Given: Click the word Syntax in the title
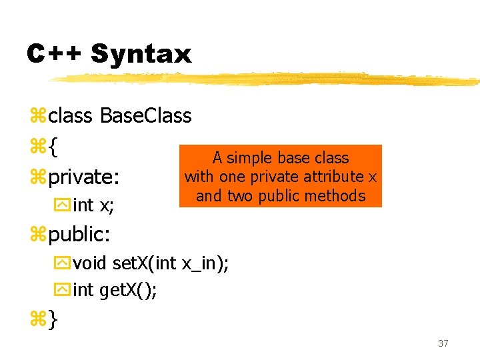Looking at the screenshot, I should pyautogui.click(x=141, y=53).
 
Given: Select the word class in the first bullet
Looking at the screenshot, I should pyautogui.click(x=71, y=116).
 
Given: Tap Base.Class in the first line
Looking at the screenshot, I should pyautogui.click(x=145, y=116).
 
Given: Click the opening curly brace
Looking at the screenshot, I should pyautogui.click(x=53, y=147).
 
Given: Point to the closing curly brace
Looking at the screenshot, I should pyautogui.click(x=53, y=320).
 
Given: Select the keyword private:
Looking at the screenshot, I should pyautogui.click(x=84, y=177).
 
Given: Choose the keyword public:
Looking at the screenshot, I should pyautogui.click(x=79, y=234).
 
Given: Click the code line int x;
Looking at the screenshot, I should pyautogui.click(x=93, y=206).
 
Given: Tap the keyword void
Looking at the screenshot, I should pyautogui.click(x=90, y=263).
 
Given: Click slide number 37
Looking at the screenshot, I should pyautogui.click(x=443, y=343).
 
